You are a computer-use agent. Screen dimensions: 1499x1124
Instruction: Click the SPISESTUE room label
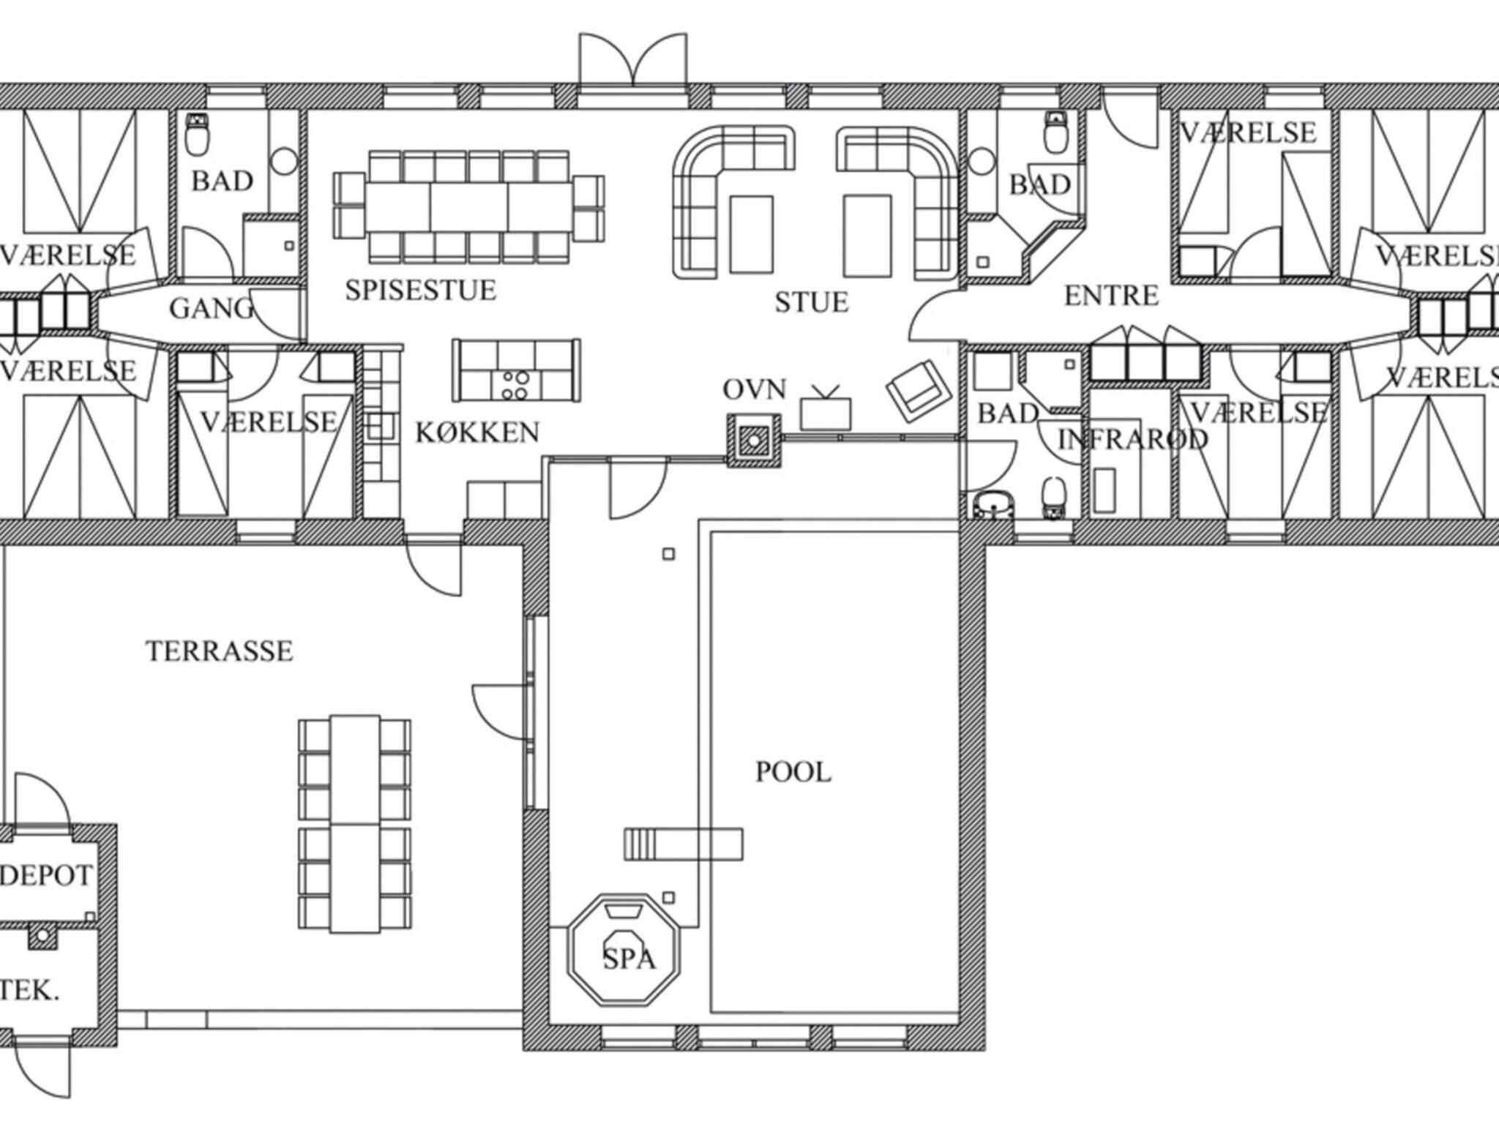click(420, 291)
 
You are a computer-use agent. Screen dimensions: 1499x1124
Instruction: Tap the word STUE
click(812, 302)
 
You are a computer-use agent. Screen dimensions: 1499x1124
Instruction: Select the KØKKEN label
click(477, 433)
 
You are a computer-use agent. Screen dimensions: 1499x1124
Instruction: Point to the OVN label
click(755, 390)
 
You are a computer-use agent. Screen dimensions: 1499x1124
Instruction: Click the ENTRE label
click(1111, 296)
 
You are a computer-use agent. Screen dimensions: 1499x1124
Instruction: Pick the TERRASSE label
click(220, 651)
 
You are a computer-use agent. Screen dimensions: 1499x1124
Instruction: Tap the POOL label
click(793, 772)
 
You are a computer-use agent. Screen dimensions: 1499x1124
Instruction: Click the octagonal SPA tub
click(624, 949)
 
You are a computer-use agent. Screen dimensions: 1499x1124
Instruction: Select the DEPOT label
click(46, 875)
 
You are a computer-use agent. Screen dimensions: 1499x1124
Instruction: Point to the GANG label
click(212, 308)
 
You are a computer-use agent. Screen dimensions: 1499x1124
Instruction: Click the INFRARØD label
click(1133, 439)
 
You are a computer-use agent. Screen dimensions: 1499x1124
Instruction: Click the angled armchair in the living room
click(919, 390)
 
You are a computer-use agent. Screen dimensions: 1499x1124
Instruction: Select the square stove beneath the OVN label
click(754, 441)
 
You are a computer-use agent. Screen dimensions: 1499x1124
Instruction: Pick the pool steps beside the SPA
click(684, 844)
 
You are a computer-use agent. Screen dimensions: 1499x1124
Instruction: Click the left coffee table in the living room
click(751, 234)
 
